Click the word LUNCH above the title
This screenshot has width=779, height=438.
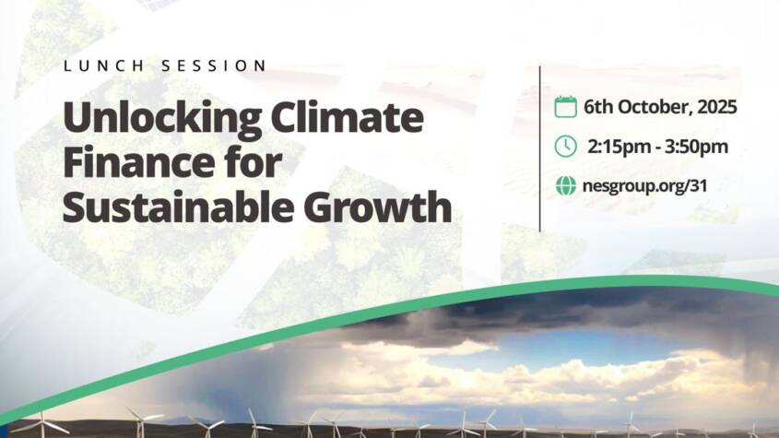[103, 65]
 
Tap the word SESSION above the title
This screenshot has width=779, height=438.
[214, 65]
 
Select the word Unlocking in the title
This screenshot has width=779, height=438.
[162, 119]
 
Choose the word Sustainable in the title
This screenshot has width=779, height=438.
[178, 207]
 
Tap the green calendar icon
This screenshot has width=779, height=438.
[565, 107]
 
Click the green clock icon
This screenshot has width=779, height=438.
[565, 147]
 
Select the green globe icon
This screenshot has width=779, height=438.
[565, 186]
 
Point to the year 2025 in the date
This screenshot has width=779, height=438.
[717, 107]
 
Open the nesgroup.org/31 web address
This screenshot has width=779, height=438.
[644, 186]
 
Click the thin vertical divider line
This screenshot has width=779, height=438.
[540, 148]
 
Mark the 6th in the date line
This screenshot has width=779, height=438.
[598, 107]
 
